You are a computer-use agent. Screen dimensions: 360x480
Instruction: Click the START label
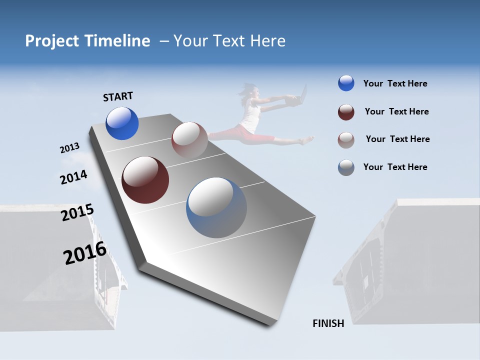point(118,96)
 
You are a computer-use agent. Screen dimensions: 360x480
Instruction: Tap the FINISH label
point(328,323)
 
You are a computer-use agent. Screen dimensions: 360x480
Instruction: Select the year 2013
point(69,148)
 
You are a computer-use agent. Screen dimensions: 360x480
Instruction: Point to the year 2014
point(73,177)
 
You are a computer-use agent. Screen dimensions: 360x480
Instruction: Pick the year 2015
point(77,212)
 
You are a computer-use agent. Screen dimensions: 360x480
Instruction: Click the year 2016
point(85,253)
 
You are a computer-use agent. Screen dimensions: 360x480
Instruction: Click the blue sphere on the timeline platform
point(122,123)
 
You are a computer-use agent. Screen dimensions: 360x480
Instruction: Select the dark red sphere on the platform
point(145,180)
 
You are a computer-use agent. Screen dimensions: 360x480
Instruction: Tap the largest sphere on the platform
point(216,207)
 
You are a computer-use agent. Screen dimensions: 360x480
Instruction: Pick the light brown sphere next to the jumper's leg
point(189,140)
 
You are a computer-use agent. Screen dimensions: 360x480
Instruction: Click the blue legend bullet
point(346,83)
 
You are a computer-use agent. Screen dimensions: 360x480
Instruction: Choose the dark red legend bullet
point(346,112)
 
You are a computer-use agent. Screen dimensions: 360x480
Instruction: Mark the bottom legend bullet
point(346,167)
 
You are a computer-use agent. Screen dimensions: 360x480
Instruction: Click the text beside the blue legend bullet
point(395,83)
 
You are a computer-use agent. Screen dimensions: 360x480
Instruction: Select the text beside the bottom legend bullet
point(395,167)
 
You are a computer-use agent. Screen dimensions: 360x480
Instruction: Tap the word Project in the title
point(50,41)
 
